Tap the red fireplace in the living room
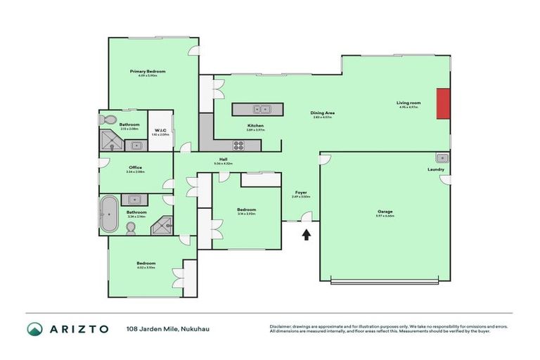click(443, 104)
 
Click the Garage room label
click(385, 211)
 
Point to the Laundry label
click(436, 169)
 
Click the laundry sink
click(441, 157)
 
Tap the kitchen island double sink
click(263, 109)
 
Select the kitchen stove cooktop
click(239, 146)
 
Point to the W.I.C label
click(160, 130)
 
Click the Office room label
click(136, 167)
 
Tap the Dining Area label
click(323, 113)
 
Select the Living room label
click(409, 103)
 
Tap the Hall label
click(223, 160)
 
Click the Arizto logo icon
click(34, 329)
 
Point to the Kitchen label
click(255, 126)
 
